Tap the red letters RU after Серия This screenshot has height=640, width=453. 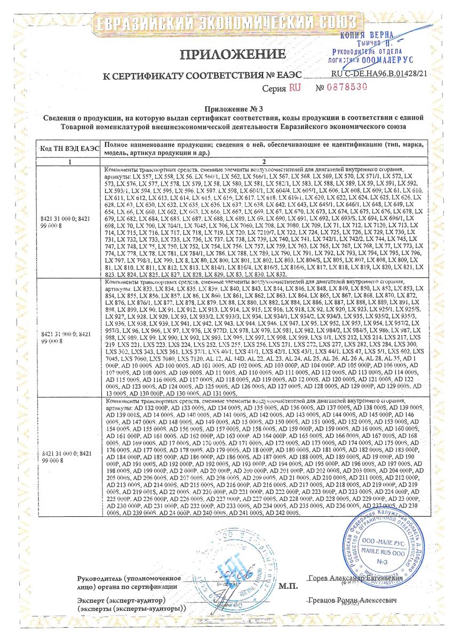click(295, 88)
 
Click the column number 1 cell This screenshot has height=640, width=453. click(68, 161)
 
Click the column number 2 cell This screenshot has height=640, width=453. click(264, 161)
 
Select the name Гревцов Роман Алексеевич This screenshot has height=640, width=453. click(354, 601)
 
